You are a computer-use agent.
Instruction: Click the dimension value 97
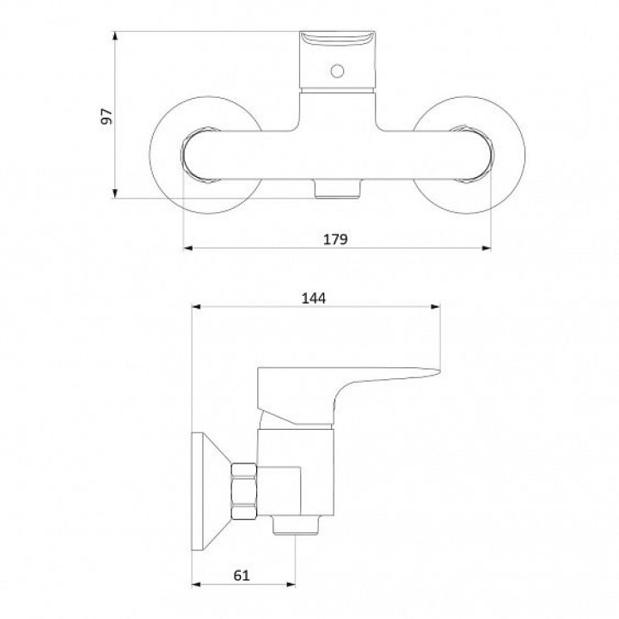click(x=107, y=116)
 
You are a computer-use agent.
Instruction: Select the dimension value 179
click(x=335, y=239)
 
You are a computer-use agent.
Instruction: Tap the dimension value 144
click(x=314, y=298)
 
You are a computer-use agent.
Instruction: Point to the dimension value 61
click(x=242, y=575)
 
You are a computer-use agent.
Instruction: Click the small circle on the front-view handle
click(x=337, y=71)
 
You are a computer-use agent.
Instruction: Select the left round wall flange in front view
click(x=205, y=155)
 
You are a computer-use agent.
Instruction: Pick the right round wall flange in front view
click(x=469, y=155)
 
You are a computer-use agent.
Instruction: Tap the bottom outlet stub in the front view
click(x=338, y=188)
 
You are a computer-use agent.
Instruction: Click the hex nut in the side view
click(x=244, y=491)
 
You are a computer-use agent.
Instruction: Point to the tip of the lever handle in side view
click(x=440, y=371)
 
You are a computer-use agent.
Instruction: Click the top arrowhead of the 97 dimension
click(x=115, y=36)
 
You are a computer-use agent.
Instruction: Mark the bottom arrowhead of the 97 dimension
click(x=115, y=193)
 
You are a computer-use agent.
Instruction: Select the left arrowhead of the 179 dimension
click(x=188, y=248)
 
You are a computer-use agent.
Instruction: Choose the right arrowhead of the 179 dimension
click(x=487, y=248)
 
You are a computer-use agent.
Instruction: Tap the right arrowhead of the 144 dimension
click(x=435, y=307)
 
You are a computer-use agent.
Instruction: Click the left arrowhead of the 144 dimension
click(x=196, y=307)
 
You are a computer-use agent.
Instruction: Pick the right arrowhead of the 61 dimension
click(x=291, y=585)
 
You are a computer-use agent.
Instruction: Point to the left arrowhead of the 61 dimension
click(x=196, y=585)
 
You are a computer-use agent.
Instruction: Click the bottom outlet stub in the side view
click(x=296, y=525)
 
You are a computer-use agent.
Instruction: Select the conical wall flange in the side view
click(x=211, y=491)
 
